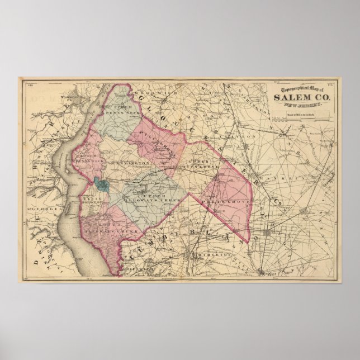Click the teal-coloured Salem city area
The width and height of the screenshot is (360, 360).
102,183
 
